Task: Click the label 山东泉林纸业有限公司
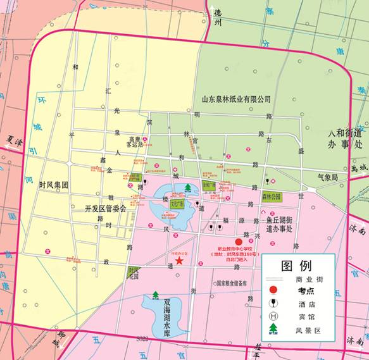235,99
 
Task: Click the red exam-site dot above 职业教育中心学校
239,242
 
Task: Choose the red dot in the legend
273,290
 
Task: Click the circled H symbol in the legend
273,316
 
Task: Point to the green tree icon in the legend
273,329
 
